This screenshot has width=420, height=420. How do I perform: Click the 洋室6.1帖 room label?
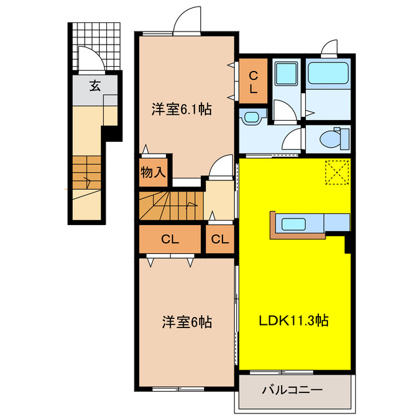point(182,110)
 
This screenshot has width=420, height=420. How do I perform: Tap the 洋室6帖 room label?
point(187,322)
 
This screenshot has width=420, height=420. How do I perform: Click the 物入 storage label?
point(154,173)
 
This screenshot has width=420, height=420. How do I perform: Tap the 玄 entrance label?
point(96,85)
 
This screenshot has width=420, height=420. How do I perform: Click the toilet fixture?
point(331,139)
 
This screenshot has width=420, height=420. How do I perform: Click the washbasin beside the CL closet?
point(251,117)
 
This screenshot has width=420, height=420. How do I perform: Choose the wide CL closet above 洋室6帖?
point(169,240)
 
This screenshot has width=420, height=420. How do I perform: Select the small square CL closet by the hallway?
point(220,240)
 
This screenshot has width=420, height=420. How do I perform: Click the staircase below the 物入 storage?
point(169,205)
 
